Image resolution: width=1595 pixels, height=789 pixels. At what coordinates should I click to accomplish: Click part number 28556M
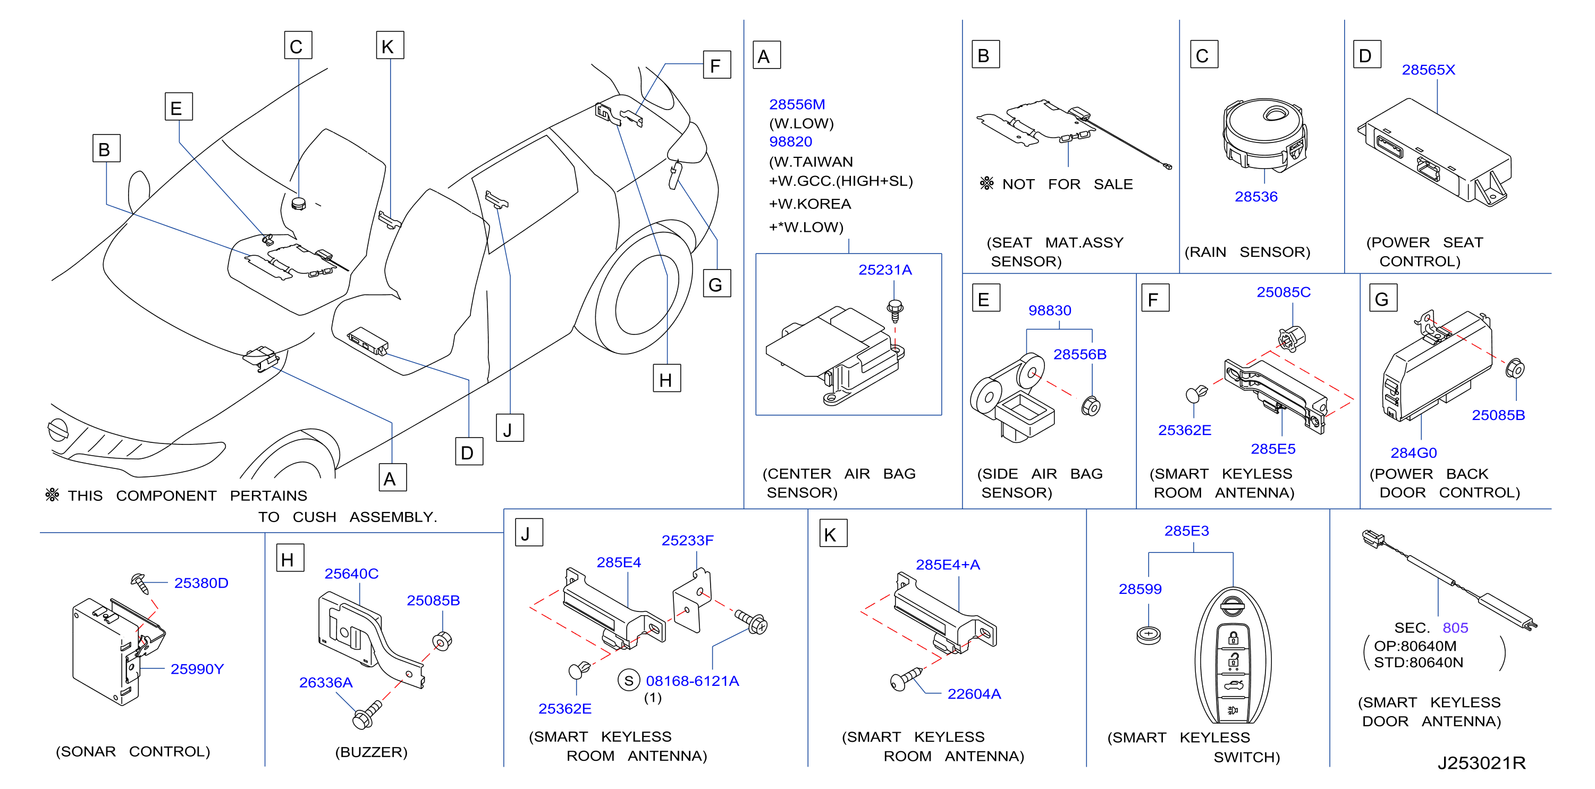click(797, 104)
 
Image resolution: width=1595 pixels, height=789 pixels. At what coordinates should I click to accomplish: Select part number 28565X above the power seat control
click(1429, 69)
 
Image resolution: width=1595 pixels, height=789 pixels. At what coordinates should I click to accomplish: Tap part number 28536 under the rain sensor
click(1256, 196)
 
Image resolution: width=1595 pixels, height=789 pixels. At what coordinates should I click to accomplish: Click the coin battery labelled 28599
click(1149, 635)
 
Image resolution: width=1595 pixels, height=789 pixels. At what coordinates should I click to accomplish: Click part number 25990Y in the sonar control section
click(197, 669)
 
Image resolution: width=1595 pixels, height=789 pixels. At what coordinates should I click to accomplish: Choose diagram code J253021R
click(1481, 762)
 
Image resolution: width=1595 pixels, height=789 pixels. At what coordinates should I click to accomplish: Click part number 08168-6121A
click(692, 681)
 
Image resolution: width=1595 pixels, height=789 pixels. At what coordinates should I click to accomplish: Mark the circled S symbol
click(628, 681)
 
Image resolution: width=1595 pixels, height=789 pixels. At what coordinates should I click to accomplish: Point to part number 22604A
click(974, 694)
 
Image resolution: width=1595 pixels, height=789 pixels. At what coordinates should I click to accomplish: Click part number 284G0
click(1414, 452)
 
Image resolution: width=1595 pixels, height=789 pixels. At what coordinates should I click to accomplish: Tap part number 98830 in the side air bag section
click(1050, 310)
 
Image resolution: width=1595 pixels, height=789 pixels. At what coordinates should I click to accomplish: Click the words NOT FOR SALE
click(1067, 184)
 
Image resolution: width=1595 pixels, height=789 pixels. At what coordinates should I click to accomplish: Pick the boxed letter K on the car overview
click(390, 45)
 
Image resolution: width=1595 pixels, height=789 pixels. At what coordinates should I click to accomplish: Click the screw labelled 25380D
click(140, 583)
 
